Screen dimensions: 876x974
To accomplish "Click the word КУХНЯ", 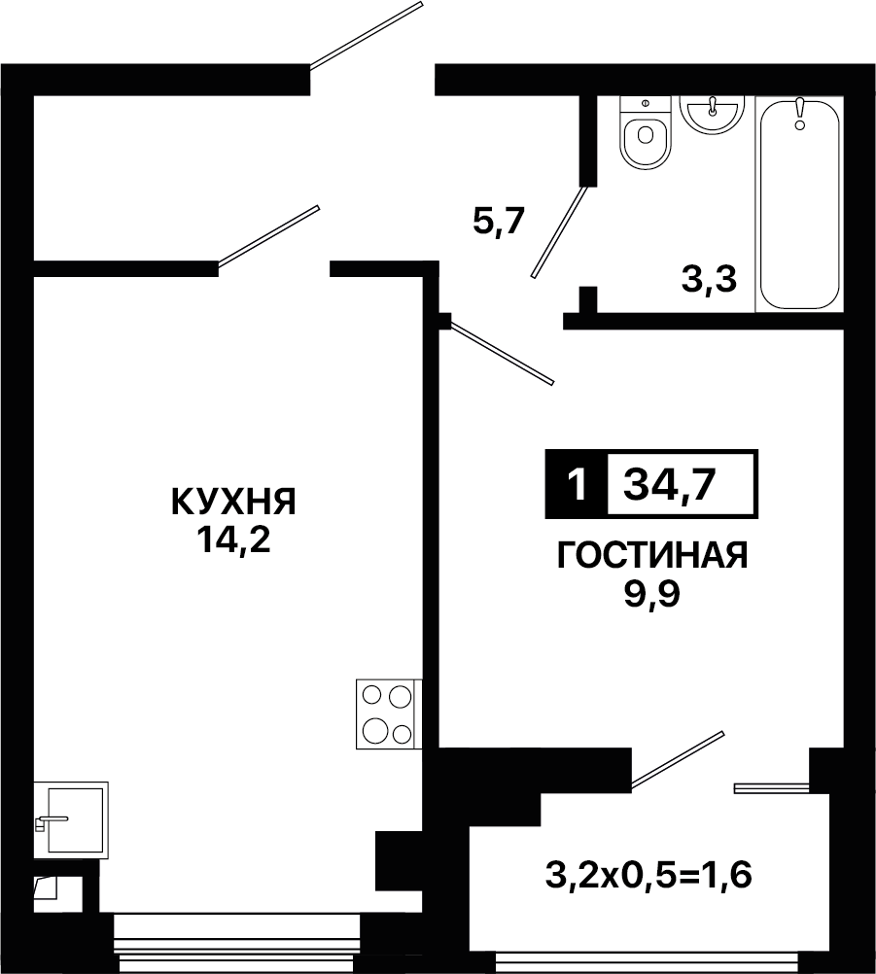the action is coord(233,502).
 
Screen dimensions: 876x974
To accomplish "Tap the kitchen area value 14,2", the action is coord(233,540).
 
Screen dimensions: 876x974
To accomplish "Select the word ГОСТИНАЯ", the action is coord(652,555).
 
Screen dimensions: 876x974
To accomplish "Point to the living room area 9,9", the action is coord(652,595).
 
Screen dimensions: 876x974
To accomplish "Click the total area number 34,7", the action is coord(670,484).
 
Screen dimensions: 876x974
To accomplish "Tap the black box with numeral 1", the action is coord(578,484).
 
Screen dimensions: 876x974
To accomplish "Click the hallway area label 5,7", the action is coord(499,221).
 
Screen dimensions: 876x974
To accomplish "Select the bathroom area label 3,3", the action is coord(709,280).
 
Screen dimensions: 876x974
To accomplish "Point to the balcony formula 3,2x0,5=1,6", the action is coord(648,875).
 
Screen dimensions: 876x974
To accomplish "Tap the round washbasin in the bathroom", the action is coord(712,115).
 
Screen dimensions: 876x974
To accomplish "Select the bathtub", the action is coord(800,204).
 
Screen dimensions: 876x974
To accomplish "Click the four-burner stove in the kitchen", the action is coord(388,713).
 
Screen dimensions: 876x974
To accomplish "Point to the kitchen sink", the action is coord(71,820).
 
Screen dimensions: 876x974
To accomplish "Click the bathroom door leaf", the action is coord(559,231).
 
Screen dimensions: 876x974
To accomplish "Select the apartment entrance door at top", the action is coord(367,34).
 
